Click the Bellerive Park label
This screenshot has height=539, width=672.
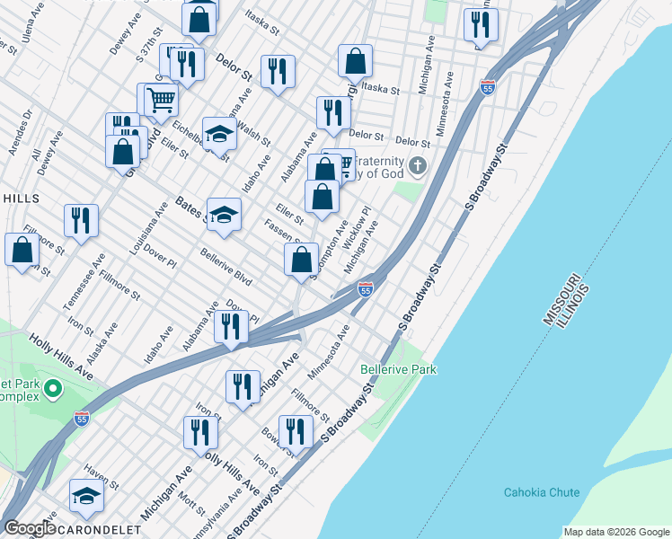(398, 369)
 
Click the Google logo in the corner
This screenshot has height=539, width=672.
(29, 528)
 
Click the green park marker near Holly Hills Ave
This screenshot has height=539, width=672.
(52, 390)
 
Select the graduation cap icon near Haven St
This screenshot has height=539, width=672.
(86, 495)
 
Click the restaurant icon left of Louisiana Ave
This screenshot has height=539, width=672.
(81, 220)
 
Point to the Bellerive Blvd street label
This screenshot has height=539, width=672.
(225, 267)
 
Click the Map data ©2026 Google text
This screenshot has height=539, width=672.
(615, 532)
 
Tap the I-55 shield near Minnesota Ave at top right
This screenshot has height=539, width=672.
(488, 88)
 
